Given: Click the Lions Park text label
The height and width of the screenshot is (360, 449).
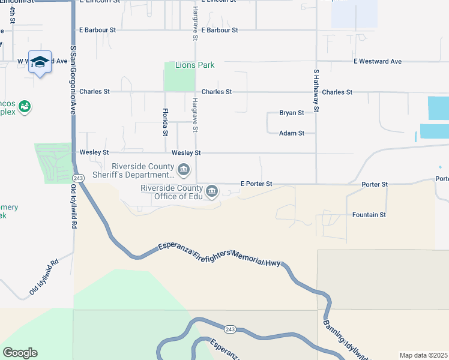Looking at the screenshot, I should [x=194, y=65].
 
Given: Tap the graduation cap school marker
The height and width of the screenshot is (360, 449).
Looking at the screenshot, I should [x=40, y=62].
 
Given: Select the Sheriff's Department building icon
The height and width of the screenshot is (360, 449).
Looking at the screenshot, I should [x=184, y=171].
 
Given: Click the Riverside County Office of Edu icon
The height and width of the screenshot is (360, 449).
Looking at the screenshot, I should [x=211, y=192].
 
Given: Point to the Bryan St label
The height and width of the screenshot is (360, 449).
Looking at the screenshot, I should [x=292, y=113].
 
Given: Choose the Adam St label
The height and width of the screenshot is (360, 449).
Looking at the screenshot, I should [x=292, y=133].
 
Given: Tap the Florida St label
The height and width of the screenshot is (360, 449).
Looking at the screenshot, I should [x=165, y=122].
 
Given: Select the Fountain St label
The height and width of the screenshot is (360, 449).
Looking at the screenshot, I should [x=369, y=214].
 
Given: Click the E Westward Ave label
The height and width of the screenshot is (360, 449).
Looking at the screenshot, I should [x=377, y=61].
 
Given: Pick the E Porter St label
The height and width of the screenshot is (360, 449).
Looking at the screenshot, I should [x=256, y=184].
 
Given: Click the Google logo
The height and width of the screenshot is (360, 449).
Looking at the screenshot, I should [x=20, y=353].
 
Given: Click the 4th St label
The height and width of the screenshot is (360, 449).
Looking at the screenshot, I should [x=12, y=16].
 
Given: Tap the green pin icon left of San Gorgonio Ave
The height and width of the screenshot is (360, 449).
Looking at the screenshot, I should [x=25, y=107].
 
